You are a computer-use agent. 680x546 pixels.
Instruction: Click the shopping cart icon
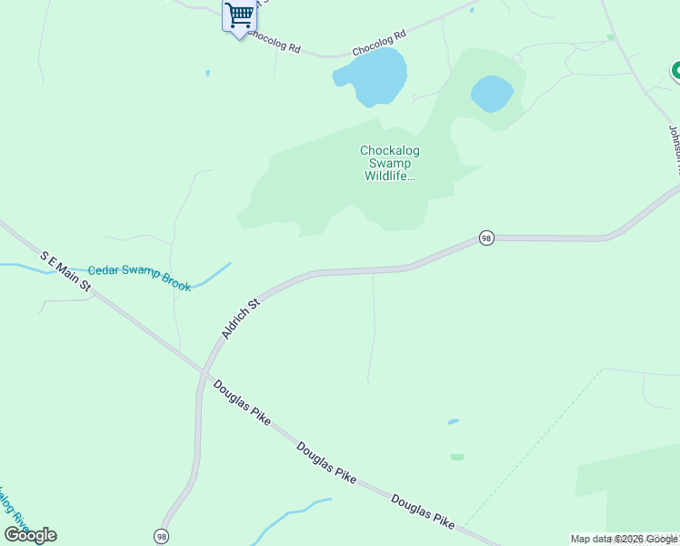click(x=239, y=15)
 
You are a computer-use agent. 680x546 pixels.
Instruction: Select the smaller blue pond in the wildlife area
click(x=492, y=93)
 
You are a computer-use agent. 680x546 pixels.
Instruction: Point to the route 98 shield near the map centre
click(x=486, y=238)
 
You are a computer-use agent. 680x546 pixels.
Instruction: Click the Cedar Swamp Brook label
click(x=139, y=278)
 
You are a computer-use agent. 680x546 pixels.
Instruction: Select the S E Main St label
click(x=66, y=272)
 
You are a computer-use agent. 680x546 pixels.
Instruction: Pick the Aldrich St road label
click(x=241, y=318)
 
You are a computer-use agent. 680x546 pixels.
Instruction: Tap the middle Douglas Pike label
click(x=325, y=463)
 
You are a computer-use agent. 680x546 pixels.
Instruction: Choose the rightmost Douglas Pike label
click(x=423, y=511)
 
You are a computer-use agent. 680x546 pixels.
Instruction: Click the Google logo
click(x=31, y=535)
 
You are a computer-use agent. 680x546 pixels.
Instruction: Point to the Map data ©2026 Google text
click(x=624, y=539)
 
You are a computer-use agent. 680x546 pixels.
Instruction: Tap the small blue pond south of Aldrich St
click(x=453, y=422)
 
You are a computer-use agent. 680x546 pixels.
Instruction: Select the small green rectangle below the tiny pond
click(x=456, y=457)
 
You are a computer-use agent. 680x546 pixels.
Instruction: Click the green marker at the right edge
click(x=676, y=70)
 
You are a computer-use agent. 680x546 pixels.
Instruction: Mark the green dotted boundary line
click(x=536, y=446)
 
